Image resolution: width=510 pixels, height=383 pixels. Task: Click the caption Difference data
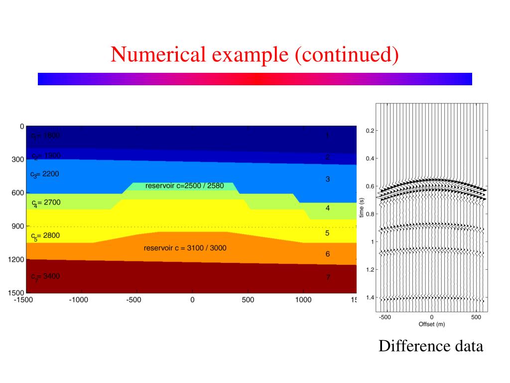coord(431,346)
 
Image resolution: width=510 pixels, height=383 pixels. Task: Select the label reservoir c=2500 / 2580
coord(185,186)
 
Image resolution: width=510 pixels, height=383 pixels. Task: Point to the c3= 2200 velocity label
coord(44,174)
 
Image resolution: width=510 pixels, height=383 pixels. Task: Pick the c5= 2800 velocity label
coord(45,236)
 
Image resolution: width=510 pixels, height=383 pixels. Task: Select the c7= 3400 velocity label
coord(45,276)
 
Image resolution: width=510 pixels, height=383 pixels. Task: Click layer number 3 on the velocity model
coord(328,179)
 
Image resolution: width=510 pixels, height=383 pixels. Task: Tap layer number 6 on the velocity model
coord(328,254)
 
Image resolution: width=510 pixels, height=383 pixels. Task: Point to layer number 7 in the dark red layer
coord(328,277)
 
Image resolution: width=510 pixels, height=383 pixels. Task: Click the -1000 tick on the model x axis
coord(79,300)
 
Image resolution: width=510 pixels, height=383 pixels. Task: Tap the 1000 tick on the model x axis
coord(303,300)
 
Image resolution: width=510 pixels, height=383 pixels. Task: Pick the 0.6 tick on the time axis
coord(370,187)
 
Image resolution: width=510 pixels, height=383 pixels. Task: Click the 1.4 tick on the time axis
coord(370,298)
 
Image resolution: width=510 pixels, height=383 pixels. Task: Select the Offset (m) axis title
coord(432,324)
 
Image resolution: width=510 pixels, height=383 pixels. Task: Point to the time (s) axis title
coord(362,207)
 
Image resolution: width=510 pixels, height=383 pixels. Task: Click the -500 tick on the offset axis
coord(384,317)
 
